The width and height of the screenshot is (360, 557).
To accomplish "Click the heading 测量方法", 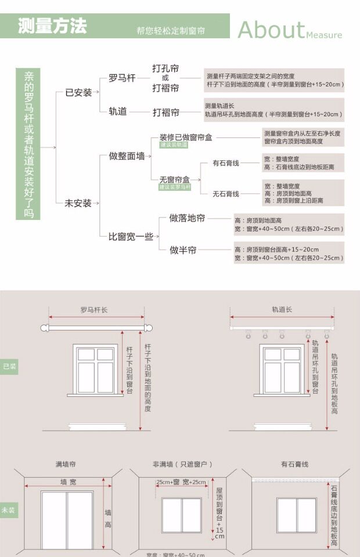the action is point(52,27).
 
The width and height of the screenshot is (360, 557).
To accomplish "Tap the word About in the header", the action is point(271,30).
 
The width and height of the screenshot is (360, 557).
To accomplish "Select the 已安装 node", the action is point(78,92).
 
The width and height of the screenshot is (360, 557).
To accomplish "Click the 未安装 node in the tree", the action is point(78,203).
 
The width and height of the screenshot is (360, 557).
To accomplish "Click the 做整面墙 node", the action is point(127,156).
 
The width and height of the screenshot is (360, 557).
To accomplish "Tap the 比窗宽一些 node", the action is point(131,236).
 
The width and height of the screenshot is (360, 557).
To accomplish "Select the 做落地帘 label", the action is point(187,219).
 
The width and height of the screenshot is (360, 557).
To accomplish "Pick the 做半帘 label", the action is point(183,250).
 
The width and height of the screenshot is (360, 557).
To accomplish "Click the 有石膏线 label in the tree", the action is point(226,163).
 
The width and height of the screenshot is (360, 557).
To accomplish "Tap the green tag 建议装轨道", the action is point(174,145).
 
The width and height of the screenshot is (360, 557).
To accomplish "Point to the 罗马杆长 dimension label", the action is point(94,310).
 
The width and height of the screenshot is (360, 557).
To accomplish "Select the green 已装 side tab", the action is point(9,366).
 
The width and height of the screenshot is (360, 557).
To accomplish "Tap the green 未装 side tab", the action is point(9,511).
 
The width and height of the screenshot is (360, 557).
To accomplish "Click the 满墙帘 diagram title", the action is point(66,465).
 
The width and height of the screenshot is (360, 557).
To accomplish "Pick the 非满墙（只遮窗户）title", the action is point(183,465).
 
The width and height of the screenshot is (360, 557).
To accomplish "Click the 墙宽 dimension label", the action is point(69,482).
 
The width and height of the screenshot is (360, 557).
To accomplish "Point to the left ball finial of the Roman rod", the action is point(44,328).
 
